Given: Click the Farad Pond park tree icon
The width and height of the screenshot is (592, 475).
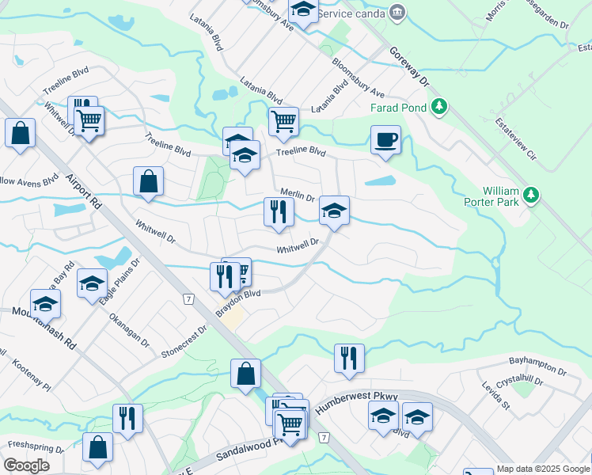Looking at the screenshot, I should (x=439, y=107).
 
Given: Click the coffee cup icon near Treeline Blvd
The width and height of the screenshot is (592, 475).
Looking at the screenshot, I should (x=385, y=140).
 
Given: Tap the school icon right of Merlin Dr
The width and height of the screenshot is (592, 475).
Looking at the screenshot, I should (x=334, y=211).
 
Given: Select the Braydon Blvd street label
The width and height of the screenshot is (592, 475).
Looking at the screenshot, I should (x=238, y=303).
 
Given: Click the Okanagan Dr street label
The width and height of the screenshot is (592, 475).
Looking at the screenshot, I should (x=127, y=329).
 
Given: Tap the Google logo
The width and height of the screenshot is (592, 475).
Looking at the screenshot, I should (x=27, y=465).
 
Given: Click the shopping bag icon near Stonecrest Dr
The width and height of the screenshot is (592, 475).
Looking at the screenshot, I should (x=245, y=374).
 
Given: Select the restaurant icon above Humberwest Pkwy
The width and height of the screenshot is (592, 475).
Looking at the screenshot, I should (x=348, y=358).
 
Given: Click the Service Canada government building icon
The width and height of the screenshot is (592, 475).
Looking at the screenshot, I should (x=397, y=11).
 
